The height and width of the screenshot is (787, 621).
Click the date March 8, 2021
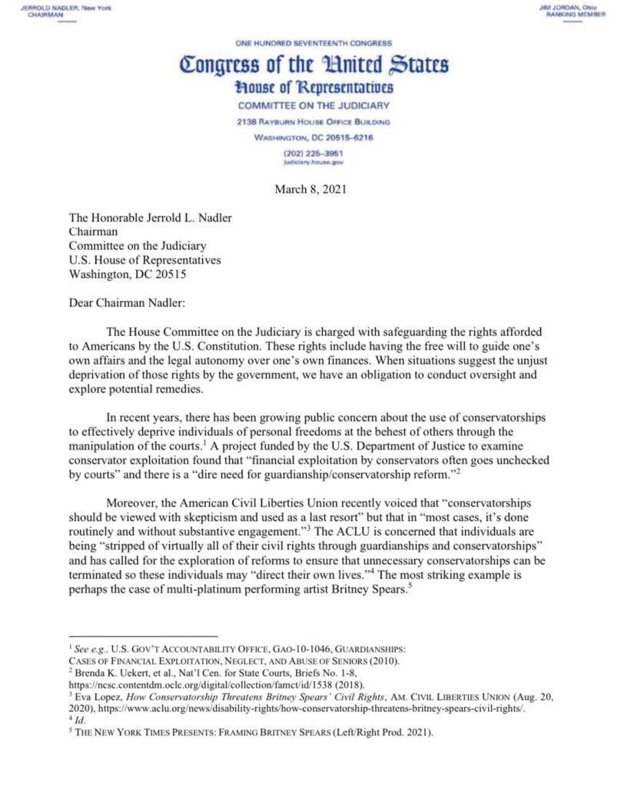click(310, 190)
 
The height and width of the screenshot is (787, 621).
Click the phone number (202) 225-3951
click(313, 153)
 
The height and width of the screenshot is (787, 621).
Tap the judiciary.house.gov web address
click(313, 162)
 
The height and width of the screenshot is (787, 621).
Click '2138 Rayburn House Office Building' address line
click(313, 122)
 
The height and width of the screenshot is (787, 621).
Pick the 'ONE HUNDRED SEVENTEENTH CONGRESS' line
click(313, 44)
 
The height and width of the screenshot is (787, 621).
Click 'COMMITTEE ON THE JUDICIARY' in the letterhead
click(313, 106)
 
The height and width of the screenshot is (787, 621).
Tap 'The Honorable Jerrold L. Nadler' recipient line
click(150, 218)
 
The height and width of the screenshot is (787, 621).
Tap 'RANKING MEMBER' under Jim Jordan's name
click(573, 15)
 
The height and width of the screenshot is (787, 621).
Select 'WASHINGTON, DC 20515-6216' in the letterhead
click(313, 138)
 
